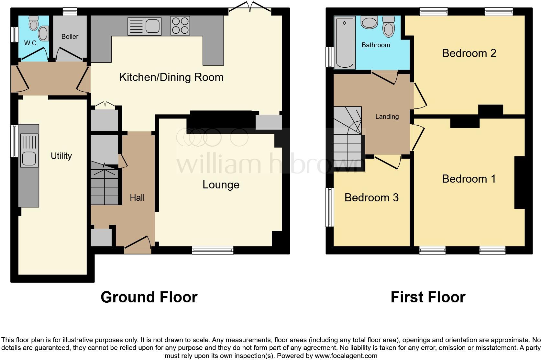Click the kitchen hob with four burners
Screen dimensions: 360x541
[x=180, y=26]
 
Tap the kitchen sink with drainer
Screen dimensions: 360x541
[x=144, y=26]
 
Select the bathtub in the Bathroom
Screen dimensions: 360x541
[x=345, y=43]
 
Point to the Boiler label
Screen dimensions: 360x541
[x=70, y=37]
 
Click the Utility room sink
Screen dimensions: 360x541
[x=29, y=151]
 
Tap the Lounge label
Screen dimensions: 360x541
[x=221, y=185]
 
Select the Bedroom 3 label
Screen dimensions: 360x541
[x=371, y=197]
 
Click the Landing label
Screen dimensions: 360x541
[x=387, y=117]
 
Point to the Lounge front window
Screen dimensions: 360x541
[x=213, y=250]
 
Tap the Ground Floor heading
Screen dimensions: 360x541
[x=149, y=297]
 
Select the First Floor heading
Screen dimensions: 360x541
[x=428, y=297]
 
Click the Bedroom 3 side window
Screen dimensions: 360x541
[x=330, y=207]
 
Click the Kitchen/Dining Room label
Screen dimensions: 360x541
[x=171, y=77]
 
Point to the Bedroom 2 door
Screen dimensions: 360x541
[x=419, y=96]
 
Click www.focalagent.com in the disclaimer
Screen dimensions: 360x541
[x=346, y=356]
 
